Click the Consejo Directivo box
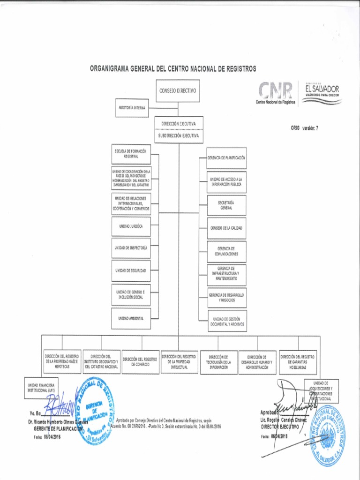click(178, 91)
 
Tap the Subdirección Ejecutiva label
click(178, 136)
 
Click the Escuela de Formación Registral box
click(131, 154)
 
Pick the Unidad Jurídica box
click(131, 226)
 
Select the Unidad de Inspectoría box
click(131, 247)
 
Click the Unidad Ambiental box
click(131, 318)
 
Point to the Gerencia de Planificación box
click(227, 158)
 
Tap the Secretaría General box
click(227, 205)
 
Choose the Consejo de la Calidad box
click(227, 228)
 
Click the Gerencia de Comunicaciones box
click(227, 251)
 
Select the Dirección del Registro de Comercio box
click(141, 361)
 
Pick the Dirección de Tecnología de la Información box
click(219, 362)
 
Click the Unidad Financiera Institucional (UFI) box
click(41, 388)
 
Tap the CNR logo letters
click(276, 90)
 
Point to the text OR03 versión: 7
click(305, 127)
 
